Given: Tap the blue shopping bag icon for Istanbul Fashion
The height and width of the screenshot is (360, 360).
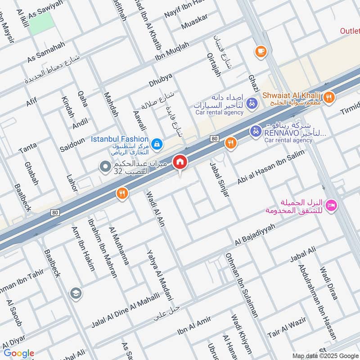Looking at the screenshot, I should click(x=156, y=144).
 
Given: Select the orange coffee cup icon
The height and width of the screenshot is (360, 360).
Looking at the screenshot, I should click(x=260, y=52).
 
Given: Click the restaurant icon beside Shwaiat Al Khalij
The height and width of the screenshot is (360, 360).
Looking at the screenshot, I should click(x=329, y=97).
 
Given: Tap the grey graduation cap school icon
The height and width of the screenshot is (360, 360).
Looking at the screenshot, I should click(x=76, y=294).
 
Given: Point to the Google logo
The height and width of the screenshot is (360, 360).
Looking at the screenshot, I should click(x=19, y=353).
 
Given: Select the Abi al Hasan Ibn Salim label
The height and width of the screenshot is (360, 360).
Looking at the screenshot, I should click(x=271, y=168).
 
